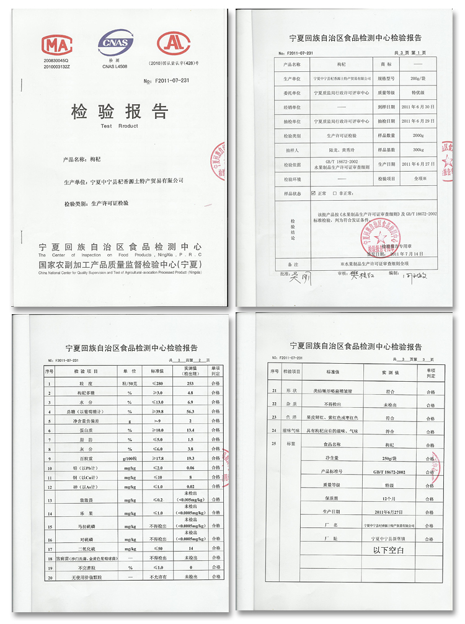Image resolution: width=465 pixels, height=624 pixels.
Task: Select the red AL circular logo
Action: coord(173,43)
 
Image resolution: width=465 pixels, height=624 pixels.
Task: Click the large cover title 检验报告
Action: coord(120,112)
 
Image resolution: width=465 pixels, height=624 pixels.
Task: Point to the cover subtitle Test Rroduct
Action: coord(120,126)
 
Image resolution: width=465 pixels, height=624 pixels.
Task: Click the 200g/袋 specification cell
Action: coord(418,79)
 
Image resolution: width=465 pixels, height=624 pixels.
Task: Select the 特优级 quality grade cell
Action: coord(418,93)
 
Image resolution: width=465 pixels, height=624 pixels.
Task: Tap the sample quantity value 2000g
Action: coord(418,136)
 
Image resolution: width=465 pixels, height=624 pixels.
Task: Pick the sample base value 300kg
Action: coord(418,150)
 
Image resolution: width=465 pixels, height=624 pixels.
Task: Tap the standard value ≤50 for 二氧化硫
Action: coord(156,549)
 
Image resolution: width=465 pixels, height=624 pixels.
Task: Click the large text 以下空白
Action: coord(387,549)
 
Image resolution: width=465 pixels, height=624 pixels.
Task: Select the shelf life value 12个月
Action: coord(387,498)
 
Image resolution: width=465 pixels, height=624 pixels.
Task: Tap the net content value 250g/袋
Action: coord(387,457)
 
